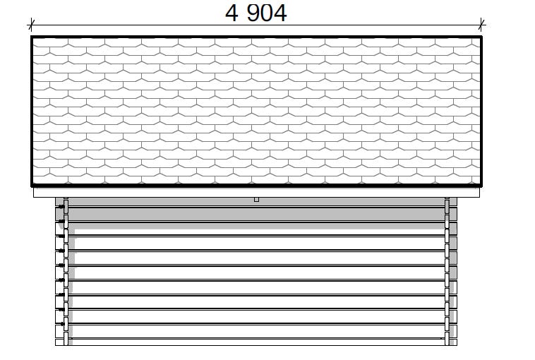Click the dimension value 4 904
(x=256, y=13)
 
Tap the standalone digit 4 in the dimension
(x=232, y=13)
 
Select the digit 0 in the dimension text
(x=267, y=13)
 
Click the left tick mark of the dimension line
(x=31, y=25)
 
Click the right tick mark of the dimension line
(x=481, y=25)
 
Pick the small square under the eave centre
(x=257, y=200)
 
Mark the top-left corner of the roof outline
(x=31, y=37)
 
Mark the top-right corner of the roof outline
(x=481, y=37)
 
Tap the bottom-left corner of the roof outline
(x=31, y=186)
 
